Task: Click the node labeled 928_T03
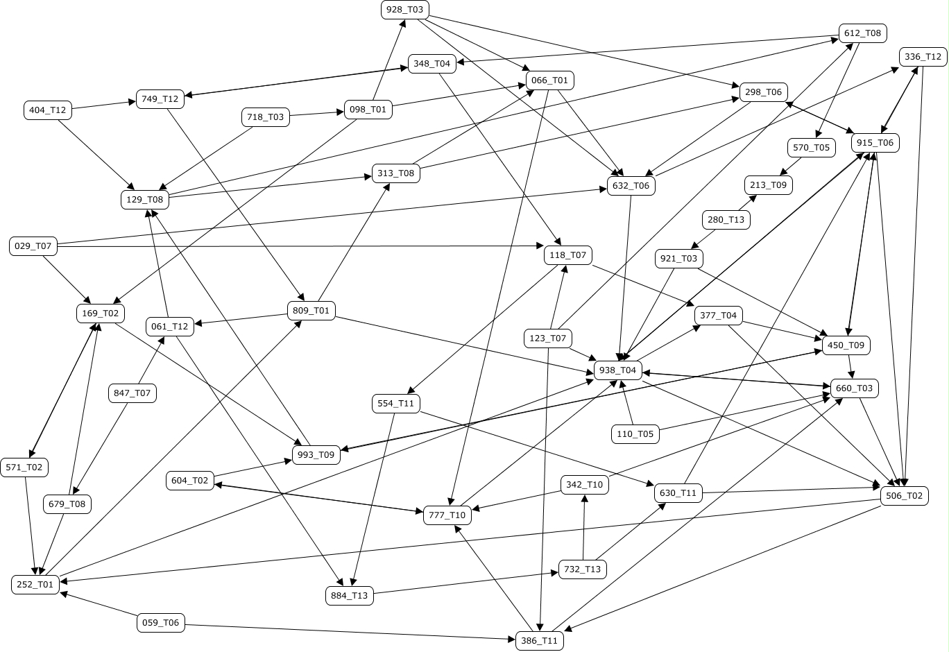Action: click(405, 10)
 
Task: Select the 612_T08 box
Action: click(863, 33)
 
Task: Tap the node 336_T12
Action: click(923, 57)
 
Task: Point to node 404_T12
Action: click(47, 110)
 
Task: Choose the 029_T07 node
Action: click(33, 246)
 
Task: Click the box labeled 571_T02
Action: click(24, 467)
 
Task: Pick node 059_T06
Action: click(161, 623)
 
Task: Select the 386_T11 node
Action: click(539, 641)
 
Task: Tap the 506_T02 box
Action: click(904, 496)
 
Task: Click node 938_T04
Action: click(617, 370)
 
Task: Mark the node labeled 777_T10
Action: click(447, 515)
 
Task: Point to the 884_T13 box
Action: click(350, 595)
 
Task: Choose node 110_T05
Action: click(635, 434)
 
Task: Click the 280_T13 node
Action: click(726, 220)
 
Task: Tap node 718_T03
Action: click(265, 117)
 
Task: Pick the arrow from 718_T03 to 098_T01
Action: click(316, 114)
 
